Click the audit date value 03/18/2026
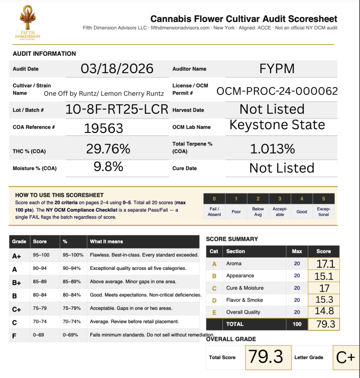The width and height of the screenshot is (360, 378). click(x=117, y=69)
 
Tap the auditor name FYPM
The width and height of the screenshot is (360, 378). click(x=277, y=69)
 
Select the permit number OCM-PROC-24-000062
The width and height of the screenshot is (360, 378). click(x=277, y=91)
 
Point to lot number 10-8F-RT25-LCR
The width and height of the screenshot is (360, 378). click(x=117, y=109)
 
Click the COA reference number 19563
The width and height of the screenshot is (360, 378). click(x=103, y=128)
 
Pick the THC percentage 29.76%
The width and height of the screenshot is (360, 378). click(x=108, y=149)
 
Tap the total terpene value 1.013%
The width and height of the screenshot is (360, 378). click(x=272, y=149)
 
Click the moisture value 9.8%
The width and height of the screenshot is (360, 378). click(x=108, y=167)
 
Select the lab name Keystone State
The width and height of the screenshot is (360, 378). click(x=277, y=125)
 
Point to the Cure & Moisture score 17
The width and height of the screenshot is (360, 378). click(x=323, y=288)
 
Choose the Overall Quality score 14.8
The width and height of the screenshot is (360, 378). click(x=323, y=311)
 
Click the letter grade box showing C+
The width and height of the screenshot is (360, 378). click(x=346, y=357)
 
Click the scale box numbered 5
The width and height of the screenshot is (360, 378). click(x=323, y=199)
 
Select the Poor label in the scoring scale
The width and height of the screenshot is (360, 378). click(x=236, y=212)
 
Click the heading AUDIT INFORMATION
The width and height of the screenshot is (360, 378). click(x=44, y=54)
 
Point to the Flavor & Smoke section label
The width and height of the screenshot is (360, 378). click(x=243, y=300)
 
